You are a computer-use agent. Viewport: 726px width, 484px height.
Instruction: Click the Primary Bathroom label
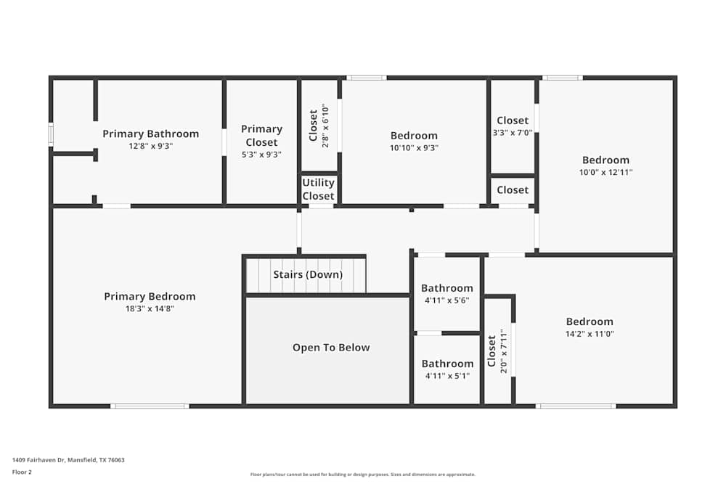150,134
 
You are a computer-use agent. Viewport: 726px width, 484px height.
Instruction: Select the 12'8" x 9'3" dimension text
150,146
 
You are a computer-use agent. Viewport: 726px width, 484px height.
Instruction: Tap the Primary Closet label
261,135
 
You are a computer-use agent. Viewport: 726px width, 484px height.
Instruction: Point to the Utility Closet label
318,189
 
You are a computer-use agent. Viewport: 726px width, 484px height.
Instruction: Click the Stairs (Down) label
308,274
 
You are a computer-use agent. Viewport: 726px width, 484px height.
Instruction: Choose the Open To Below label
331,348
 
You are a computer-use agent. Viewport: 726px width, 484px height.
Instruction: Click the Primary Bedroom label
150,296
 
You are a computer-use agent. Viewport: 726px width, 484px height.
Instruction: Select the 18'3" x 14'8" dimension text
150,308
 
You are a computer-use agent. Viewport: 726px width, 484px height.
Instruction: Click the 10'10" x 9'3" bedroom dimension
414,147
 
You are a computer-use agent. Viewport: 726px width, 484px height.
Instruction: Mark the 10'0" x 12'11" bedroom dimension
605,173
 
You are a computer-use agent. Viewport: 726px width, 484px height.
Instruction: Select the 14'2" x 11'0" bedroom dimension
590,334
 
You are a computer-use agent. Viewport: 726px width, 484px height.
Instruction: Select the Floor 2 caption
22,472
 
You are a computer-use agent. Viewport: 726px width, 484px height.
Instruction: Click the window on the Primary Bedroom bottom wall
150,406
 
